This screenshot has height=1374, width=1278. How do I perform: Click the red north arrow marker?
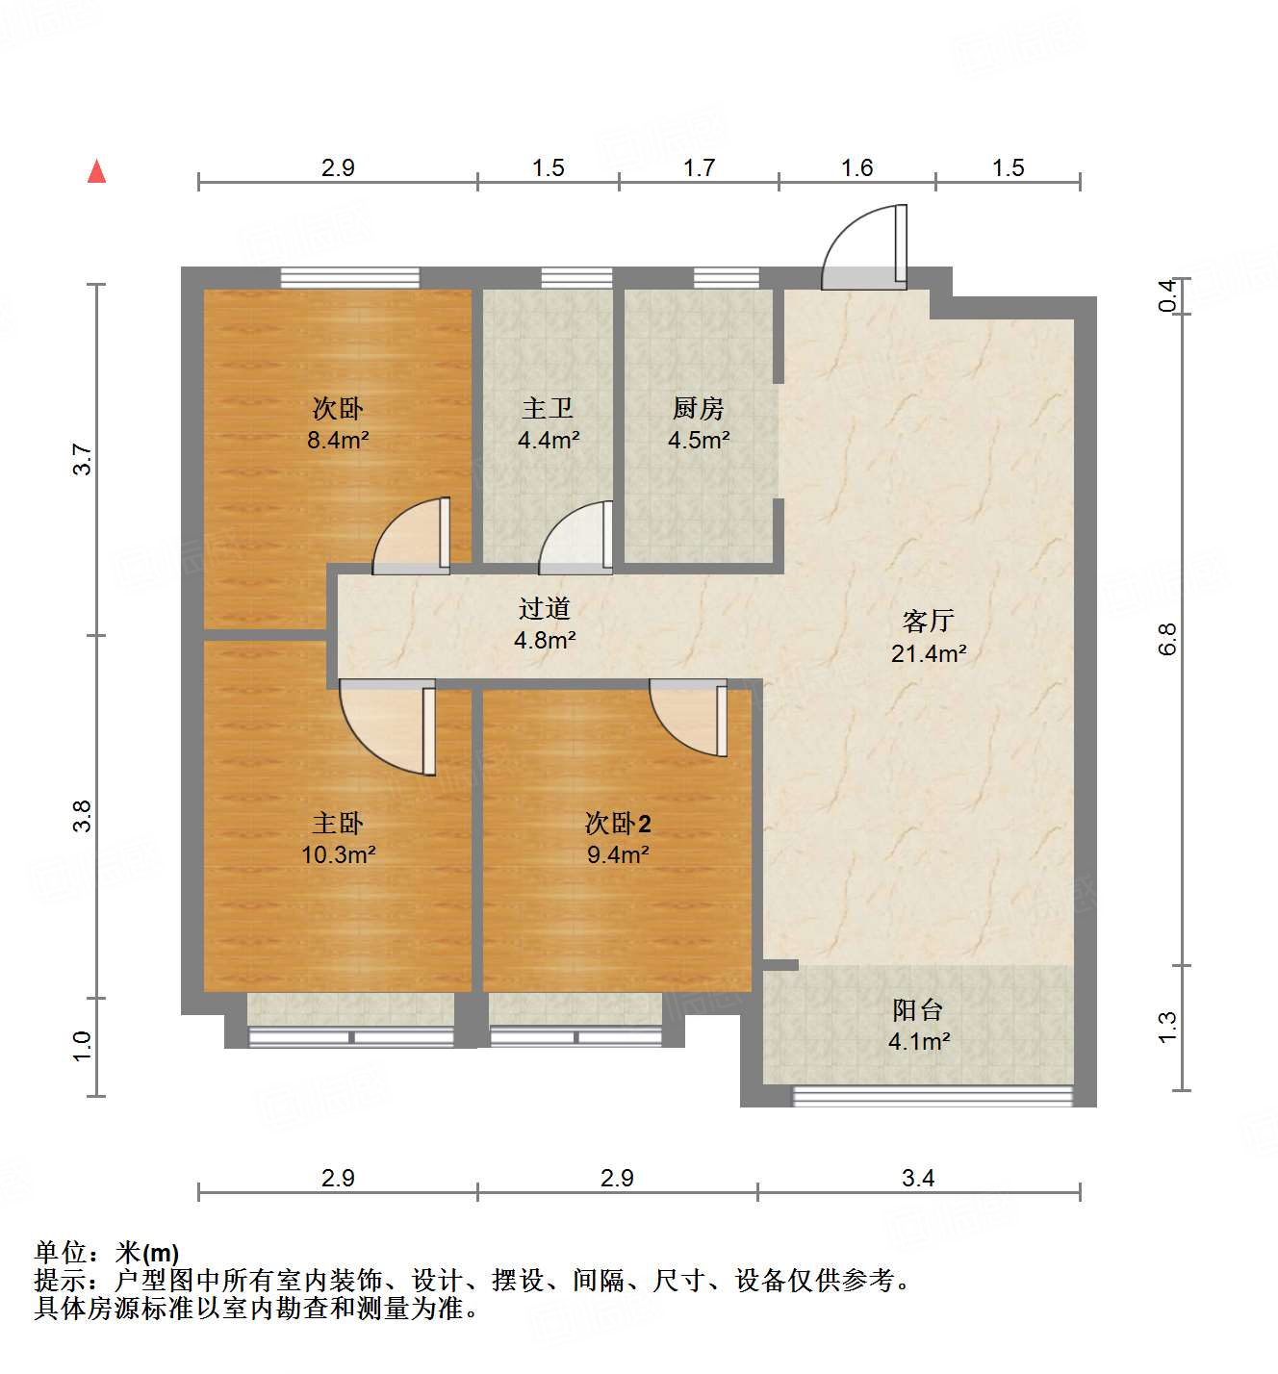point(96,171)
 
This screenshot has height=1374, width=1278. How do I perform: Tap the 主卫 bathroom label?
point(548,409)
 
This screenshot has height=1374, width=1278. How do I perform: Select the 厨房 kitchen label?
point(698,409)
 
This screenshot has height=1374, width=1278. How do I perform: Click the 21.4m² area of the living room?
point(928,654)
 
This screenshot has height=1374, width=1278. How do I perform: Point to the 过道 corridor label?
point(545,608)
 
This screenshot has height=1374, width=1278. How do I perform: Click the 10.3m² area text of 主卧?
point(338,854)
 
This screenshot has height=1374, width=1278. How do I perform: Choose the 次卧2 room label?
point(618,824)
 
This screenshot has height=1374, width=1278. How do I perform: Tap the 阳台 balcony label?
point(918,1010)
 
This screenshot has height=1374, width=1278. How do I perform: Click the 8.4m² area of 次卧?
point(338,441)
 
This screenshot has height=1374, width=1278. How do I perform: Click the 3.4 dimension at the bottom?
point(918,1178)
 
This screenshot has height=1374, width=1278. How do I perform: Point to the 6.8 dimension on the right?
point(1167,639)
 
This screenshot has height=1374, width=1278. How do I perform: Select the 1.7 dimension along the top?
point(699,168)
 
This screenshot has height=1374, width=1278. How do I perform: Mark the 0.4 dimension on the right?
point(1167,294)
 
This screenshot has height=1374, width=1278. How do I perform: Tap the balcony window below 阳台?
point(932,1096)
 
